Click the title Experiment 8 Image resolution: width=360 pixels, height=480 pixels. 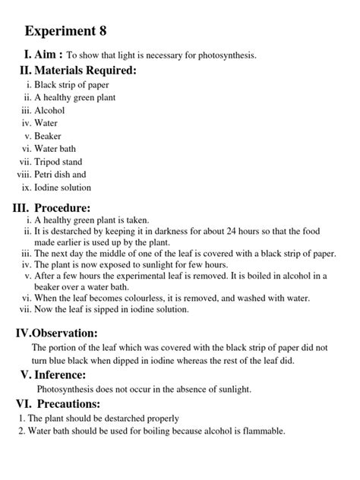[x=66, y=31]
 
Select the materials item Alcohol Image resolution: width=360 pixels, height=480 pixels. [x=49, y=109]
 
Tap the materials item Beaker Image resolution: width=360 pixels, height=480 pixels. [x=49, y=136]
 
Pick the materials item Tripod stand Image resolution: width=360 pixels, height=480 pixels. [x=58, y=162]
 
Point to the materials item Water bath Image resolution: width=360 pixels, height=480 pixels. [x=55, y=149]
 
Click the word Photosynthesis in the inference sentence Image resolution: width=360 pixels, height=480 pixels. [x=58, y=390]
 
